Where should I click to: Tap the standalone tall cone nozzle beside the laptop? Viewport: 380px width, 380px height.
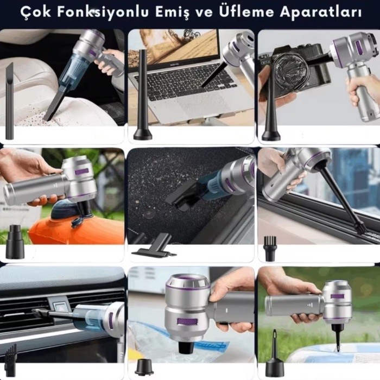pos(143,98)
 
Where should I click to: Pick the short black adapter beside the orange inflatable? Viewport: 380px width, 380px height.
pos(15,247)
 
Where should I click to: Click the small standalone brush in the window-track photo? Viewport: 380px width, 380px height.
pos(270,249)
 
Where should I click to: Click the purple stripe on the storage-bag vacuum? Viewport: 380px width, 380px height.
pos(187,321)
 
